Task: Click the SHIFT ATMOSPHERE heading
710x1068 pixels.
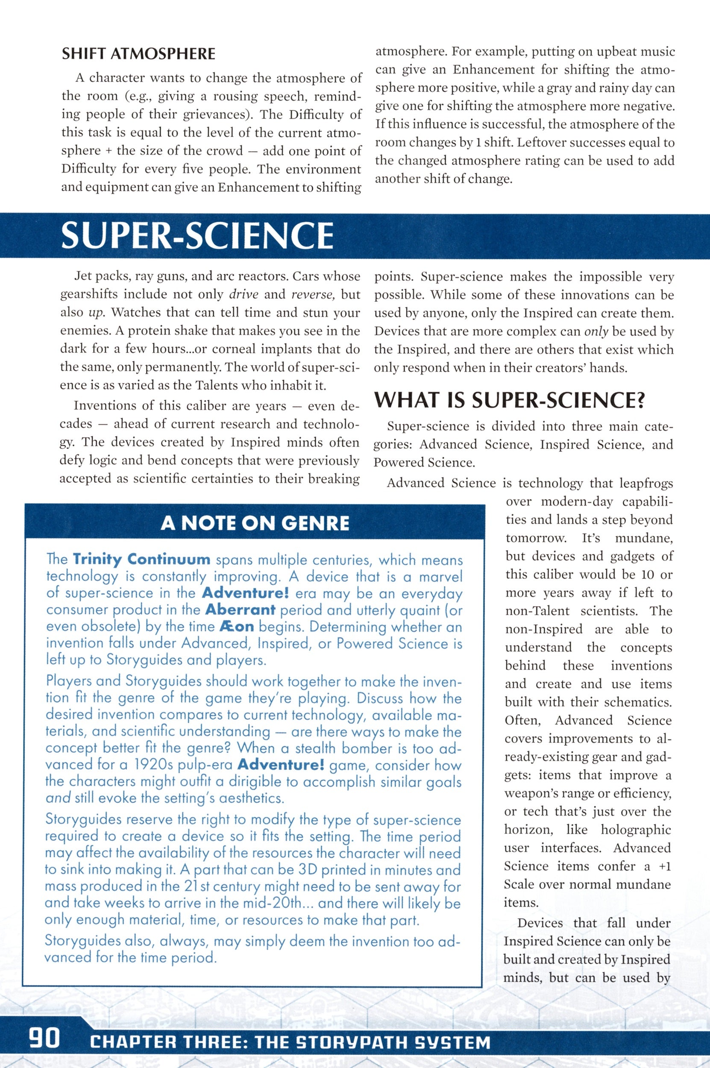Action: [x=138, y=54]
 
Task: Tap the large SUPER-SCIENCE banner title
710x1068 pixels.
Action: [x=197, y=235]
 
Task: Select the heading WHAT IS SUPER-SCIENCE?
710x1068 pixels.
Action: [x=509, y=400]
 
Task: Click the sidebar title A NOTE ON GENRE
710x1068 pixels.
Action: [x=255, y=523]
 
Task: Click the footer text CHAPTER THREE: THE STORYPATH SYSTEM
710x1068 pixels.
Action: [x=290, y=1039]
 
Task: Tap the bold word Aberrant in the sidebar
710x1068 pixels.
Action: [x=240, y=610]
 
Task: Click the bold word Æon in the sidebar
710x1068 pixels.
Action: [x=236, y=627]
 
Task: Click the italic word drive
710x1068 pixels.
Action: [x=244, y=295]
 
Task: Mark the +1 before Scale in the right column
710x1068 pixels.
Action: [x=664, y=866]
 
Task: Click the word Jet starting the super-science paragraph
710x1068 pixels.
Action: [x=83, y=276]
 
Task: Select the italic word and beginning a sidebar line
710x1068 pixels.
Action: [x=58, y=798]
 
